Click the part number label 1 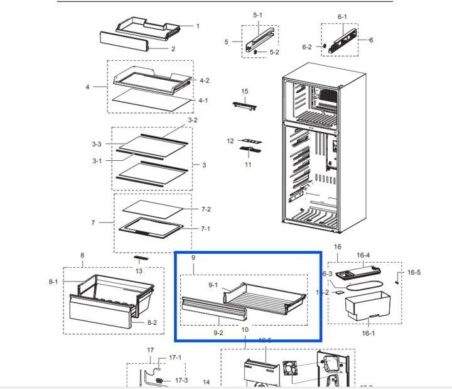pos(198,26)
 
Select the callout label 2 pos(173,48)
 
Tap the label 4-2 pos(204,80)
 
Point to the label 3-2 pos(193,120)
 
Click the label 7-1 pos(205,229)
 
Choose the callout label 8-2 pos(152,322)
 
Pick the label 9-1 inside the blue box pos(213,285)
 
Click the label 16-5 pos(414,272)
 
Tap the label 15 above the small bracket pos(245,92)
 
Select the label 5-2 pos(274,52)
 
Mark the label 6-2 pos(307,47)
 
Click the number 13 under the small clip pos(139,271)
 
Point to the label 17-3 pos(181,380)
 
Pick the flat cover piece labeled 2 pos(124,42)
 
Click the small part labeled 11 pos(249,150)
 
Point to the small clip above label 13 pos(139,258)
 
